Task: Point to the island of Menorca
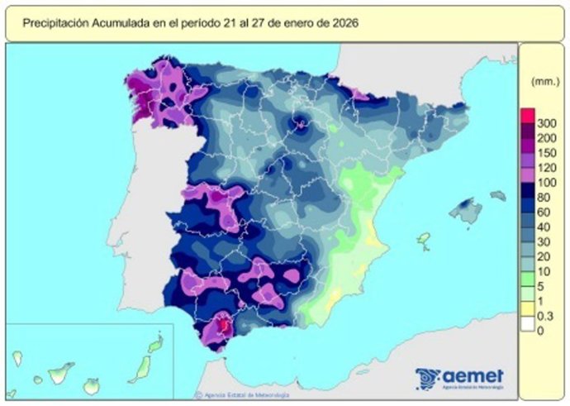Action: point(497,195)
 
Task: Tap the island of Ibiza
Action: point(424,241)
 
